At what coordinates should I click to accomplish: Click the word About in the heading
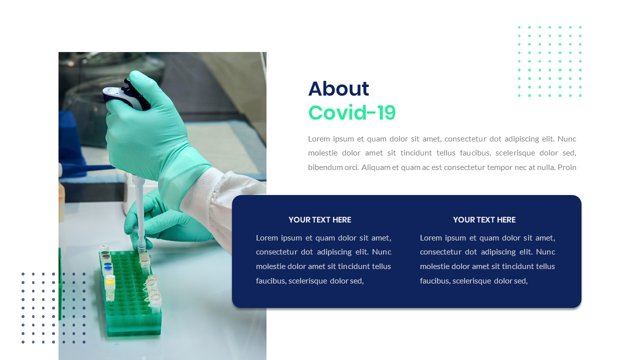tap(338, 89)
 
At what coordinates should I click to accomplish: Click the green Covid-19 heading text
tap(351, 113)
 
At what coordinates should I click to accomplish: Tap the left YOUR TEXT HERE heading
tap(319, 219)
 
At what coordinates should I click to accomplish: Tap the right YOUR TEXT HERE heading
tap(484, 219)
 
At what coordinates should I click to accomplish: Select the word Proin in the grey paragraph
tap(567, 167)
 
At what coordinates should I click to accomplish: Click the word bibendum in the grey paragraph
tap(324, 167)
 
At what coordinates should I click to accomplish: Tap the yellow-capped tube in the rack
tap(110, 282)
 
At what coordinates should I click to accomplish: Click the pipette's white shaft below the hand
tap(139, 210)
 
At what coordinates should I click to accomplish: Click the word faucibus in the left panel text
tap(270, 281)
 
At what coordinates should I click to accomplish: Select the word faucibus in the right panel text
tap(434, 281)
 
